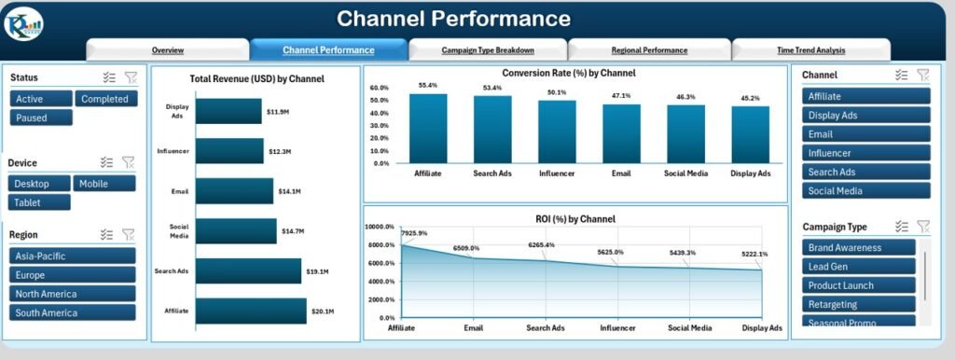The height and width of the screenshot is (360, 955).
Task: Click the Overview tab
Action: pos(168,50)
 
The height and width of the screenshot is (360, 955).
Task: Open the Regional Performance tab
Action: pos(649,50)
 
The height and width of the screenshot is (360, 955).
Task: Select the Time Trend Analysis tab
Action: pos(811,50)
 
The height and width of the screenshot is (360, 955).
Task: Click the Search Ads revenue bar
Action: pos(248,271)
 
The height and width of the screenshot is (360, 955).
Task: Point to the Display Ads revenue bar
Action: pos(228,111)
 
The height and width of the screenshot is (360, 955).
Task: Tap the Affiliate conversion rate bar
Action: pos(428,129)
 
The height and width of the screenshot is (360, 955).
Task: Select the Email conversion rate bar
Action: pos(622,133)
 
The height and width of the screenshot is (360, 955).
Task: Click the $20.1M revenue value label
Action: pos(325,312)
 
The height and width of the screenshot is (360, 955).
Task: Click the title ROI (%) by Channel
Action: pos(576,219)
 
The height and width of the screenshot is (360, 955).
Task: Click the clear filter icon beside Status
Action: pos(129,78)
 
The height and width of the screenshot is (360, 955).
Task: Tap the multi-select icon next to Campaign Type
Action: pos(901,226)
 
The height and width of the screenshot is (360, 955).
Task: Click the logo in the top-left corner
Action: pos(22,22)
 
